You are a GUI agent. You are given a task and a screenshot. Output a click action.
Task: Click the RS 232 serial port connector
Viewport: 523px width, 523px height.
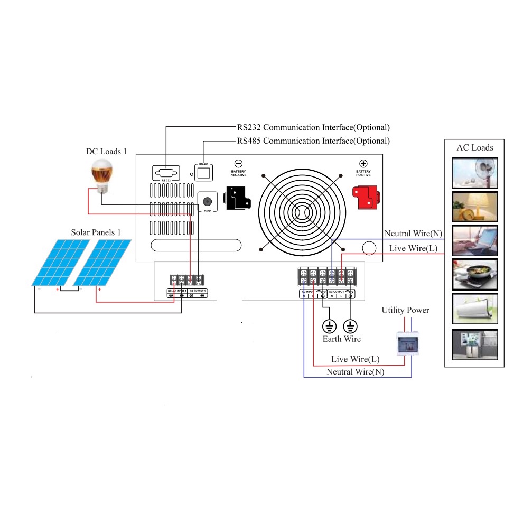point(165,173)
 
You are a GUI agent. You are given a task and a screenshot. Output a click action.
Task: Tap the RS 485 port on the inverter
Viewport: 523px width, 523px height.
point(203,172)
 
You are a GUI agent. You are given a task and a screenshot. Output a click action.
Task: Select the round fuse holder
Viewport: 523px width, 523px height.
point(208,202)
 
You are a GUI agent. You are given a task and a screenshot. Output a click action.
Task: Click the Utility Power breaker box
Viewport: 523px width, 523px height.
point(407,343)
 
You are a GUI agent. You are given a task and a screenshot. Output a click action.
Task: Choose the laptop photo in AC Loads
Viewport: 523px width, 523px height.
point(474,241)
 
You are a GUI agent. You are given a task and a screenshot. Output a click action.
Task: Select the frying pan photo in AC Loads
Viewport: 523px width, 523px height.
point(474,275)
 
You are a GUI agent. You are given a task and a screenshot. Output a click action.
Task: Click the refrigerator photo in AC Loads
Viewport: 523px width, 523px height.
point(474,345)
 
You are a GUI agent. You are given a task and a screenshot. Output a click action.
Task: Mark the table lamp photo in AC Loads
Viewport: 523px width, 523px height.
point(474,207)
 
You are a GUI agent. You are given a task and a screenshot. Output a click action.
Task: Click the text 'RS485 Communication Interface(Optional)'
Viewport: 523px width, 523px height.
point(313,141)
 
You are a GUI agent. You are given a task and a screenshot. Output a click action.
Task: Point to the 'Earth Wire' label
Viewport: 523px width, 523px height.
point(341,339)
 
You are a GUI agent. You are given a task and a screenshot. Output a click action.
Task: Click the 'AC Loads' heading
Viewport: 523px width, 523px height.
point(474,147)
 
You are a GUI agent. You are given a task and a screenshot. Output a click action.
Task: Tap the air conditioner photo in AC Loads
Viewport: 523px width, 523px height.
point(474,309)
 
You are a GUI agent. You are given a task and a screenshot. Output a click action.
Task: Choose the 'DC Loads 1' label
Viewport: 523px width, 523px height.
point(107,152)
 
